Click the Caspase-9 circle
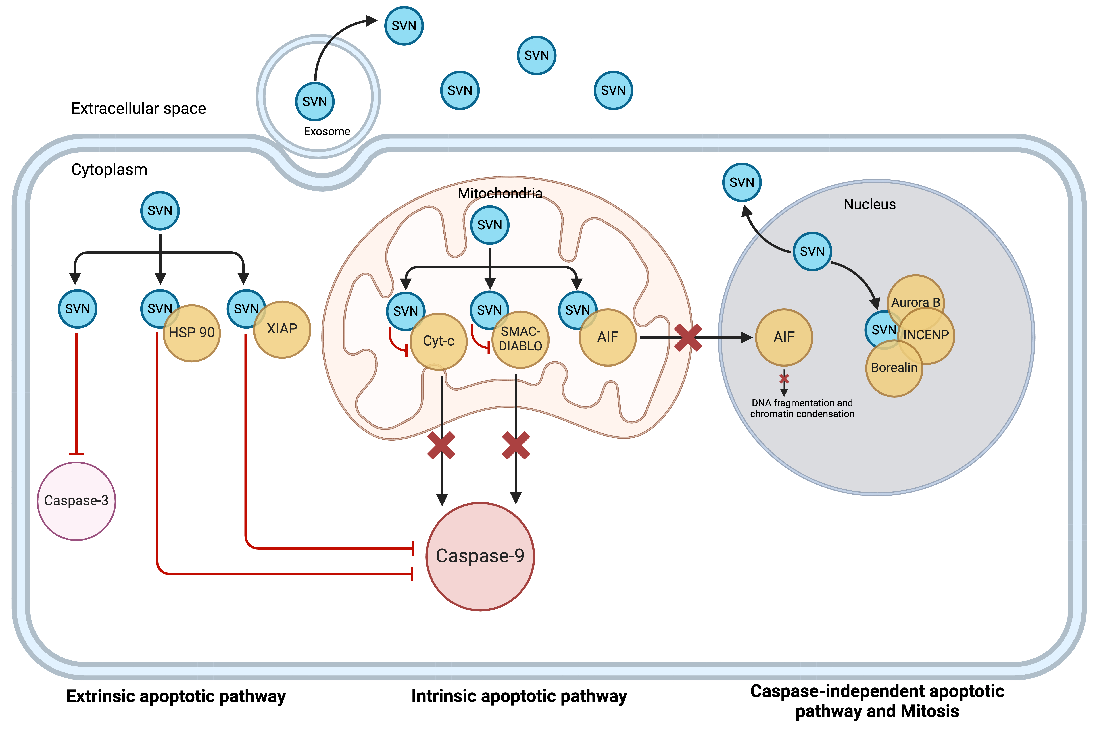click(480, 556)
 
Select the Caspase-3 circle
click(76, 501)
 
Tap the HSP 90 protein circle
click(192, 333)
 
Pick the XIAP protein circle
click(282, 329)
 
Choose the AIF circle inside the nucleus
click(784, 337)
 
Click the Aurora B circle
click(916, 298)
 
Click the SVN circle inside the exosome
click(315, 101)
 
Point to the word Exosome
click(327, 132)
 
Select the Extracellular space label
click(139, 108)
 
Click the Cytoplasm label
click(109, 170)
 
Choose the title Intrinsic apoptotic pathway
click(519, 696)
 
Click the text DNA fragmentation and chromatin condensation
click(802, 408)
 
